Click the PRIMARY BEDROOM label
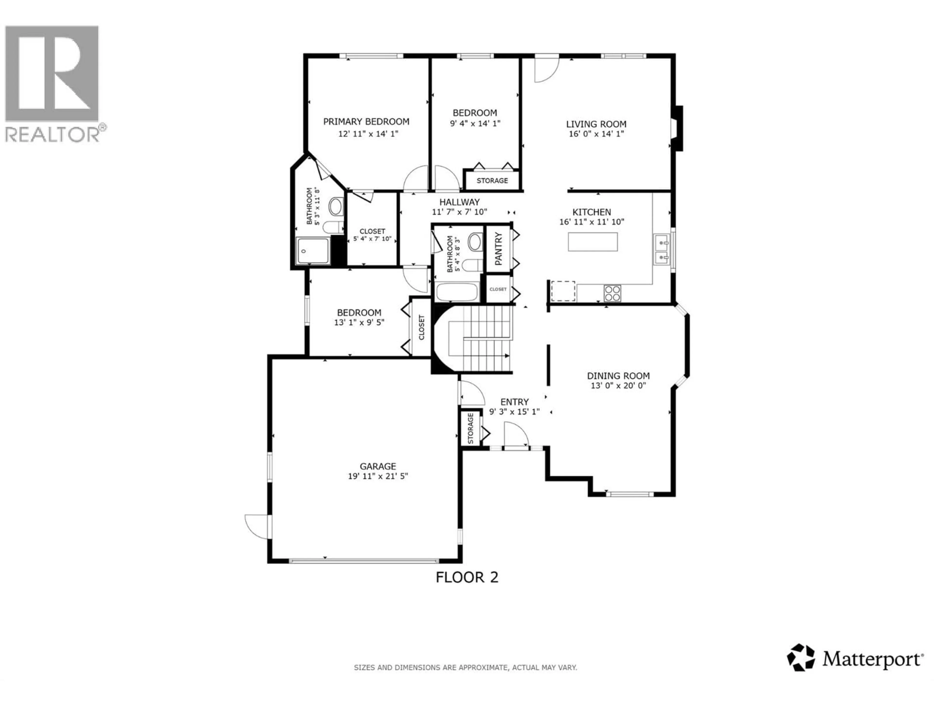tap(366, 122)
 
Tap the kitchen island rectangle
tap(593, 242)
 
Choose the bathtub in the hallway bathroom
tap(457, 292)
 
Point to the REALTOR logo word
tap(52, 134)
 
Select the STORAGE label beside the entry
tap(471, 428)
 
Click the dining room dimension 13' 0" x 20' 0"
tap(618, 385)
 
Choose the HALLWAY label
tap(459, 202)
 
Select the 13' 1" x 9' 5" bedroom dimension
tap(359, 323)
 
